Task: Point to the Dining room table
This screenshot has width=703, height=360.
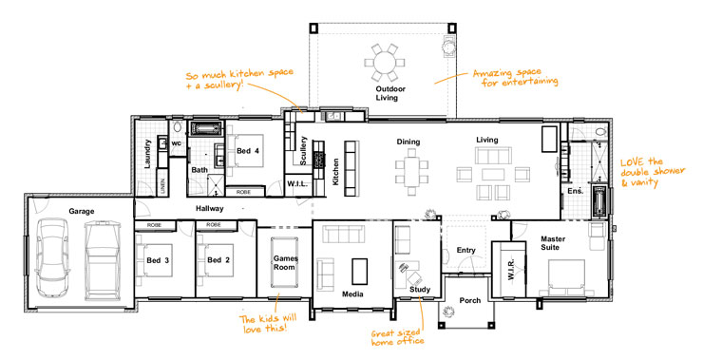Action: [413, 172]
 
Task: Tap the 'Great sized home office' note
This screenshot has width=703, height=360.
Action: [397, 335]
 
